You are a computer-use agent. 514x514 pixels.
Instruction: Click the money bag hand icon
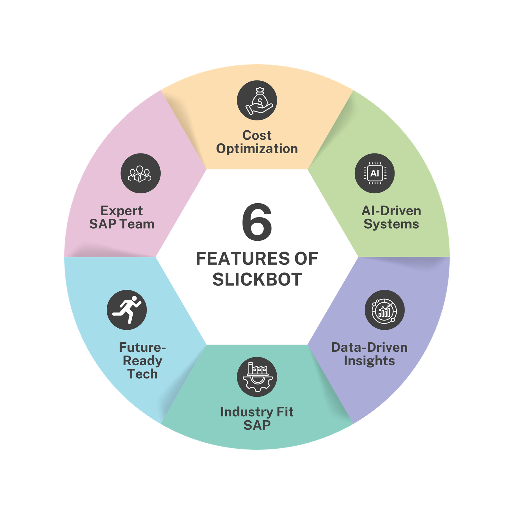257,100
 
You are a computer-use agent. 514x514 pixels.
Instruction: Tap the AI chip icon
375,173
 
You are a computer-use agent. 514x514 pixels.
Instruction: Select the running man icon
127,310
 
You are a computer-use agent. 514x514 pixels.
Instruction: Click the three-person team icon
140,173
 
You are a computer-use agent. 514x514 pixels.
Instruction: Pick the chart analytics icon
385,310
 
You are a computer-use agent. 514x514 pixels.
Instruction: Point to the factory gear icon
257,377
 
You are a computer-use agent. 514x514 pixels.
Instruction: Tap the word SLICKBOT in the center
257,279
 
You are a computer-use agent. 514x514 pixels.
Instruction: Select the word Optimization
257,149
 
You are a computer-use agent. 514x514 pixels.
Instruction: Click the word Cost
257,135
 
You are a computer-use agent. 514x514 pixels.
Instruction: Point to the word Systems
391,224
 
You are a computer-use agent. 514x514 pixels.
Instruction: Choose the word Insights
369,361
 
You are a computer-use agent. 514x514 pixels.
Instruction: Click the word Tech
143,374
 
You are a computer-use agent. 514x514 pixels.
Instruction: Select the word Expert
122,211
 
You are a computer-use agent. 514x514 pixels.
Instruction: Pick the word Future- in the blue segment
143,348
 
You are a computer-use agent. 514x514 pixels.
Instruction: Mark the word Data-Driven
369,348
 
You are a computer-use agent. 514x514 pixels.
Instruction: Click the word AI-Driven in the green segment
391,211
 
